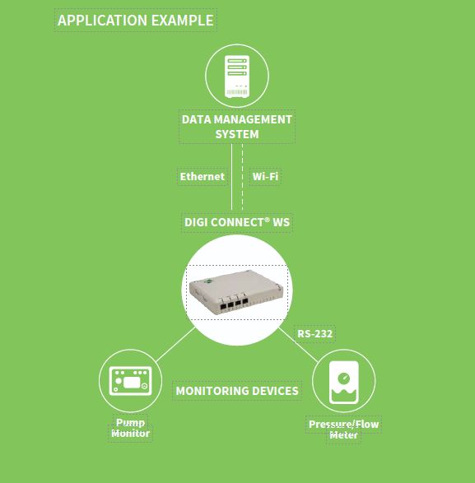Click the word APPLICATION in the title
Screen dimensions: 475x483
pyautogui.click(x=102, y=21)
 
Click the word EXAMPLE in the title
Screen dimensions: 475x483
pyautogui.click(x=183, y=21)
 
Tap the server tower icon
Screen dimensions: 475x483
pyautogui.click(x=237, y=77)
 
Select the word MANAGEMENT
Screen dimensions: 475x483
pyautogui.click(x=253, y=119)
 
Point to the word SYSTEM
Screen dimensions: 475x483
pyautogui.click(x=237, y=134)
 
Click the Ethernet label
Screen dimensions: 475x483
pyautogui.click(x=203, y=177)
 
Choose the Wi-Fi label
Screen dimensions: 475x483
pyautogui.click(x=265, y=177)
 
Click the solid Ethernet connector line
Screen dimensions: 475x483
pyautogui.click(x=232, y=177)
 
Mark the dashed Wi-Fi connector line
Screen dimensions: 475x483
pyautogui.click(x=243, y=177)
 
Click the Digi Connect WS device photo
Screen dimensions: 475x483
pyautogui.click(x=236, y=292)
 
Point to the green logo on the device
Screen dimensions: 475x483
pyautogui.click(x=209, y=281)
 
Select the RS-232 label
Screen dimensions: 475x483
pyautogui.click(x=314, y=333)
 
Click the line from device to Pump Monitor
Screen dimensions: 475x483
pyautogui.click(x=175, y=345)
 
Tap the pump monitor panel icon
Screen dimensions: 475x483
pyautogui.click(x=130, y=381)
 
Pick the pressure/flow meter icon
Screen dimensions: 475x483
pyautogui.click(x=344, y=383)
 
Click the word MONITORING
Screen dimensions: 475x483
pyautogui.click(x=208, y=391)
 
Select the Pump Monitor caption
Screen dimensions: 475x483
pyautogui.click(x=130, y=428)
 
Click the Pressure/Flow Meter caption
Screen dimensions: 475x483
pyautogui.click(x=343, y=430)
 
